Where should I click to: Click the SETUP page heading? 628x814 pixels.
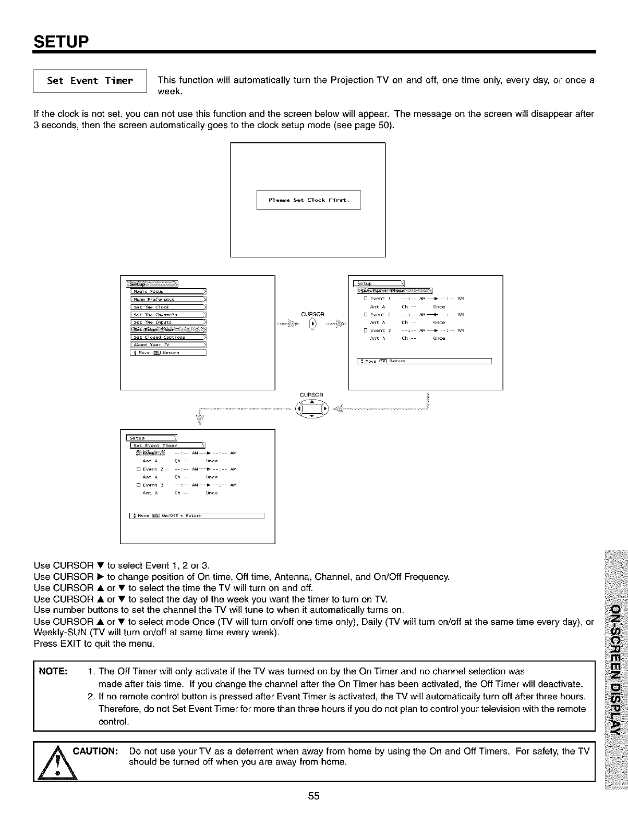pos(62,41)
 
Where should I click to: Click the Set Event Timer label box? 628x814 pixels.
pos(90,81)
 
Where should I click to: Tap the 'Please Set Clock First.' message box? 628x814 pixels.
pos(308,200)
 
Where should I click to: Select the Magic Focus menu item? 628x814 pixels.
pos(168,291)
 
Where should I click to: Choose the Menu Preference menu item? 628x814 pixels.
pos(168,299)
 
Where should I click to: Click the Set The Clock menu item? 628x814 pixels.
pos(168,307)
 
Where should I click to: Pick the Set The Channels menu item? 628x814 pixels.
pos(168,314)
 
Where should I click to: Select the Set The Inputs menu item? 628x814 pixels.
pos(168,322)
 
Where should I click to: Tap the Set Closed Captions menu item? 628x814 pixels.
pos(168,337)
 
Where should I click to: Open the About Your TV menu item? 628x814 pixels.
pos(168,344)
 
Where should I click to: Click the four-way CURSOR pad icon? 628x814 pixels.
pos(312,409)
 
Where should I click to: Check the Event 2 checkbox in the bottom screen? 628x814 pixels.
pos(138,469)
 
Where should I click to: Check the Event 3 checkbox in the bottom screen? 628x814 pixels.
pos(138,485)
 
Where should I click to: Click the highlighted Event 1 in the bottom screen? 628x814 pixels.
pos(150,453)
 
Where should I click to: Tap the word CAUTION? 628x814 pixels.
pos(97,751)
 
